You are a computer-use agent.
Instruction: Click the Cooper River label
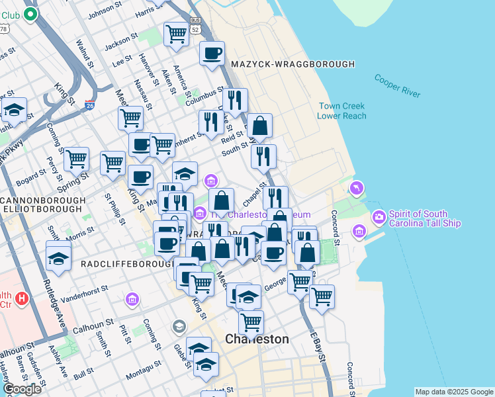397,85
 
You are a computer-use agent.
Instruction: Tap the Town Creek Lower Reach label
341,111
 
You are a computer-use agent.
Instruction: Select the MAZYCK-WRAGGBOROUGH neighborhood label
293,64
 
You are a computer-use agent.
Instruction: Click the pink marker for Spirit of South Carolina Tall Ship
379,216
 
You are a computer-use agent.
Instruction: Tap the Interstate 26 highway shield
90,105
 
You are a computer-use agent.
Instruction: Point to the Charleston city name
257,339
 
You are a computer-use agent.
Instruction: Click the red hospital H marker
22,299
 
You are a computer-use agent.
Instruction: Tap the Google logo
22,389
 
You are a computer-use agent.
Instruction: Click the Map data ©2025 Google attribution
454,392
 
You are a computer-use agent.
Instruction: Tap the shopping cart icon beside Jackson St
176,33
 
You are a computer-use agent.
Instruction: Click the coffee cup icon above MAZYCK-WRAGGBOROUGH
212,54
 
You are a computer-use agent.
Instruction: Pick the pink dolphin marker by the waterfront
357,189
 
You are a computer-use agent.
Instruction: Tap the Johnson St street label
101,12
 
